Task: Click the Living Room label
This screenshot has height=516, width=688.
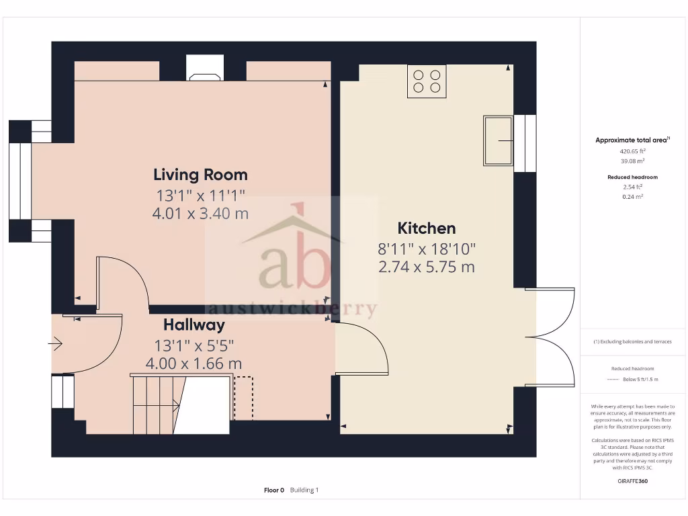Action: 200,175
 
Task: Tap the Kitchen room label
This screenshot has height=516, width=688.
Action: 426,228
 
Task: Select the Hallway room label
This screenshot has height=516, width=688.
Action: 193,325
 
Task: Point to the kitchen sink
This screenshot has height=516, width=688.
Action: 498,140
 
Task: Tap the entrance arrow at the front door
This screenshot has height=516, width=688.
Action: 55,345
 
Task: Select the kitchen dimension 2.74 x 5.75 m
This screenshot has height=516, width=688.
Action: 426,267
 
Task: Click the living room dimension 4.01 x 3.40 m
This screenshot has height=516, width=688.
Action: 200,214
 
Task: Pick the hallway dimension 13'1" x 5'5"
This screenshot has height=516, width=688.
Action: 193,346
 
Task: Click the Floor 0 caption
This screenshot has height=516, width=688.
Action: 274,490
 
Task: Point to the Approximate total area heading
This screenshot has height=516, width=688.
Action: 632,140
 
